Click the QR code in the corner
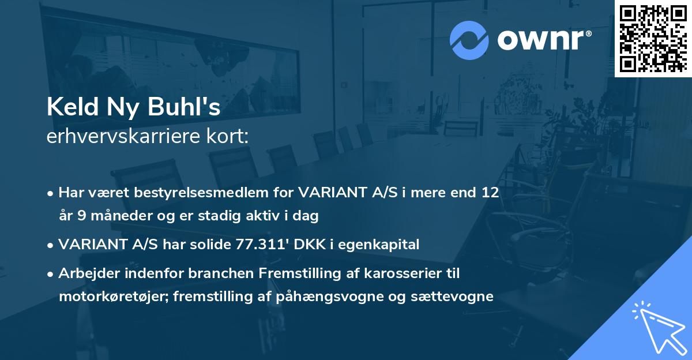tap(653, 38)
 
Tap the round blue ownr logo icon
tap(469, 40)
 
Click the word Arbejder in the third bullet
tap(85, 273)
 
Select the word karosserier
tap(405, 273)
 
